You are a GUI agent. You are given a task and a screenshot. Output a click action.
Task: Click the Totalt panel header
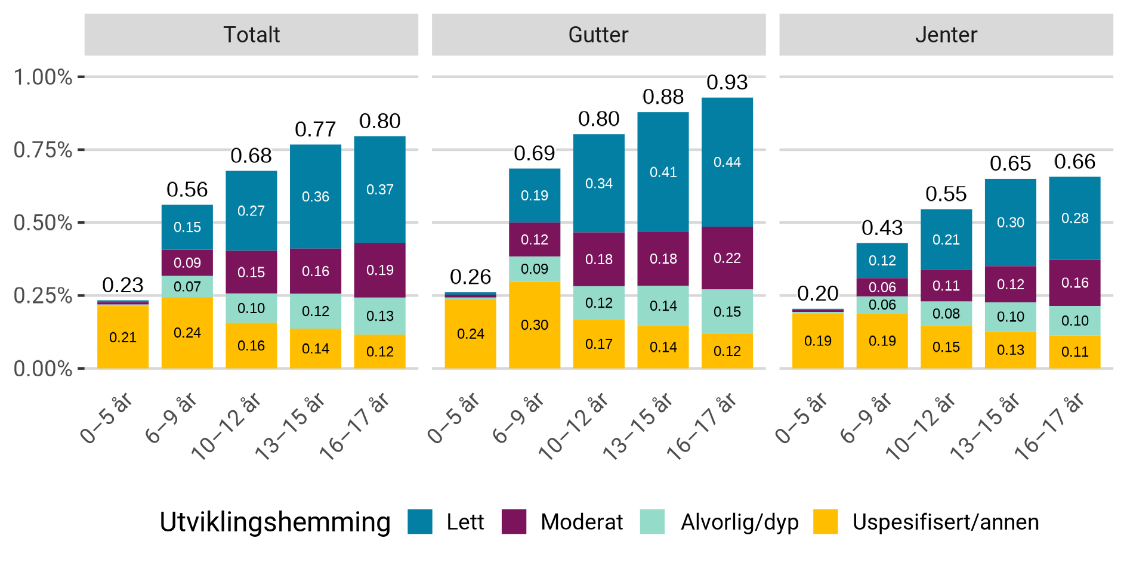pyautogui.click(x=251, y=35)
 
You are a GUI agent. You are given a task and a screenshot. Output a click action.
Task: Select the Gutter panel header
pyautogui.click(x=598, y=35)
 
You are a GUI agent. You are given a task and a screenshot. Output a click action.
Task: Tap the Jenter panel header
pyautogui.click(x=946, y=35)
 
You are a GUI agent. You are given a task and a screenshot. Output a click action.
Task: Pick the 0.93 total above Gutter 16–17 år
pyautogui.click(x=727, y=82)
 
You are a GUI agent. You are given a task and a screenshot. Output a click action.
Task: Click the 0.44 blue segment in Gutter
pyautogui.click(x=727, y=162)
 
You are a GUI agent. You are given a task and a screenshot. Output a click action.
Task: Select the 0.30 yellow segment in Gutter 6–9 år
pyautogui.click(x=534, y=325)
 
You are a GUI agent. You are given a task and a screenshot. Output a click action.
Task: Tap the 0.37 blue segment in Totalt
pyautogui.click(x=379, y=190)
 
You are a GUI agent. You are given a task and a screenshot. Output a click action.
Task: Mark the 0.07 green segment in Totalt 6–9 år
pyautogui.click(x=187, y=286)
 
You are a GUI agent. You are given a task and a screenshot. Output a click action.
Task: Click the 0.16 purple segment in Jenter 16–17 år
pyautogui.click(x=1074, y=283)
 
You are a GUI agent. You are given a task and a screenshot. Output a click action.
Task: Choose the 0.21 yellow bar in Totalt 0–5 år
pyautogui.click(x=123, y=337)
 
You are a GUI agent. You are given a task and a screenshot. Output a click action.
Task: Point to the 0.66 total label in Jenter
pyautogui.click(x=1074, y=162)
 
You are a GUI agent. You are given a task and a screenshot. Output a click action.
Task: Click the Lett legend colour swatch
pyautogui.click(x=420, y=522)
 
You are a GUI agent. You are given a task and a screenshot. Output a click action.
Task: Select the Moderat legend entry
pyautogui.click(x=581, y=522)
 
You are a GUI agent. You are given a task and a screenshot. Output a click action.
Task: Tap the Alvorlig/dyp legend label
pyautogui.click(x=739, y=522)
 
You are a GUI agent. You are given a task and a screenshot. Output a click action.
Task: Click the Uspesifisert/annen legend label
pyautogui.click(x=945, y=522)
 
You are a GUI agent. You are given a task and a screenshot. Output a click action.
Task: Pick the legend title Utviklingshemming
pyautogui.click(x=275, y=522)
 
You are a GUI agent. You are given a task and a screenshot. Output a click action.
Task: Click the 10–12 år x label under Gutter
pyautogui.click(x=573, y=426)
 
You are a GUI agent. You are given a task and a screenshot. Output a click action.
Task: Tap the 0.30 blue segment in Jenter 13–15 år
pyautogui.click(x=1010, y=222)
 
